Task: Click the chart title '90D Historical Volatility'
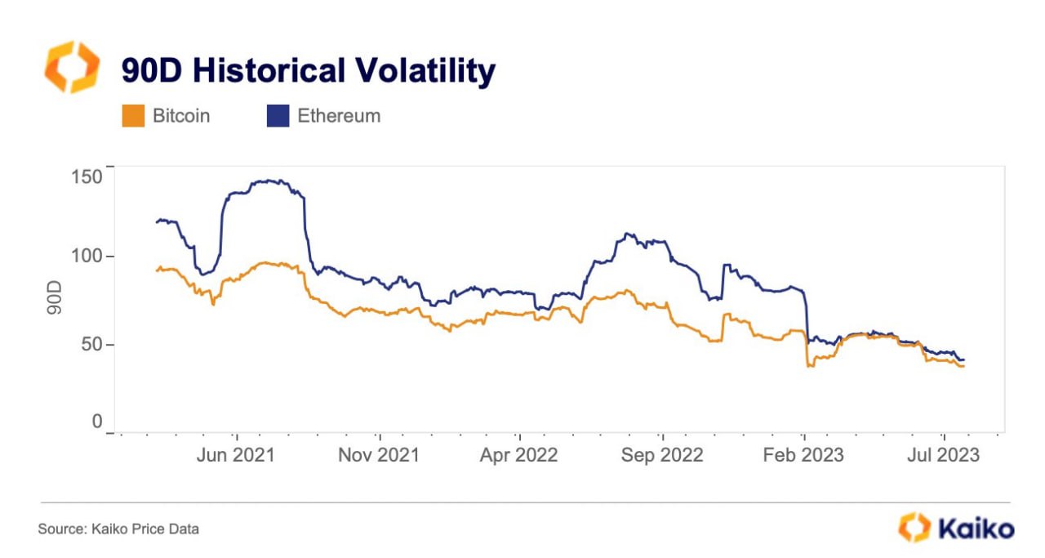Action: pos(309,71)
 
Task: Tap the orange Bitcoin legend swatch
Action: pos(133,116)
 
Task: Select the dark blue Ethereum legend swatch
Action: pos(278,116)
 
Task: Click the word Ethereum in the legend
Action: pos(339,116)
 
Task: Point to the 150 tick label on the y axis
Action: pos(87,177)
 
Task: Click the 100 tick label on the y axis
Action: pos(87,256)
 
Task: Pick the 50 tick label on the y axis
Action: pos(91,344)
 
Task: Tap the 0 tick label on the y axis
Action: pos(97,422)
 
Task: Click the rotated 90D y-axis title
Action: pos(54,297)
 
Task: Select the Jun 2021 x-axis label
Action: pos(236,455)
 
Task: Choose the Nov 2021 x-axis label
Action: pos(379,455)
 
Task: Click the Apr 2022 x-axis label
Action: pos(518,455)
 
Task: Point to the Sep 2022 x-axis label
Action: pos(662,455)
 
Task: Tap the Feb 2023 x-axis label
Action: pos(803,455)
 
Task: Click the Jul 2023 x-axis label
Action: pos(943,455)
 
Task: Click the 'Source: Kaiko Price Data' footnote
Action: pos(118,529)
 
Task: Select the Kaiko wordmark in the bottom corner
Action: pos(976,529)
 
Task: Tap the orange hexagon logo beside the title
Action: pos(73,67)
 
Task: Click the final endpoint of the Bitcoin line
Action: pos(963,366)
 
